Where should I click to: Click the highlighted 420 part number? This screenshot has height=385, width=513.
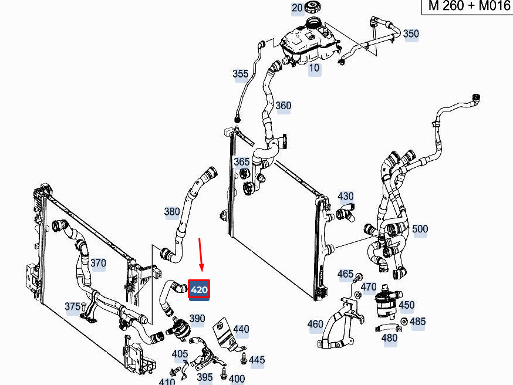[x=199, y=289]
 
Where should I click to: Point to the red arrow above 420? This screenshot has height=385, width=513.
[x=201, y=255]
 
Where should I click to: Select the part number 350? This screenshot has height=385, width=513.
[x=411, y=33]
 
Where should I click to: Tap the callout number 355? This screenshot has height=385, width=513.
[x=241, y=74]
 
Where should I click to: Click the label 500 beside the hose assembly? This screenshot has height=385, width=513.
[x=420, y=229]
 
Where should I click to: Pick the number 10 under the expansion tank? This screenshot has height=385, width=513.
[x=314, y=68]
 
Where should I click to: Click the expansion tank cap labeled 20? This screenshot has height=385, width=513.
[x=312, y=7]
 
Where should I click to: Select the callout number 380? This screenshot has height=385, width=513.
[x=172, y=212]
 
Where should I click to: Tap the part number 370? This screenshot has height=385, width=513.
[x=98, y=263]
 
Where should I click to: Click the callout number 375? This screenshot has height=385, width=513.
[x=73, y=306]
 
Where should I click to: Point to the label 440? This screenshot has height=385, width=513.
[x=241, y=329]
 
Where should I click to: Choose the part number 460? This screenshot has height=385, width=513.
[x=315, y=324]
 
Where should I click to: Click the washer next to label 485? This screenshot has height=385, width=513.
[x=404, y=321]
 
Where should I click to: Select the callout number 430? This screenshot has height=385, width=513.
[x=346, y=196]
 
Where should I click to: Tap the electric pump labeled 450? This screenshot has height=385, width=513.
[x=386, y=303]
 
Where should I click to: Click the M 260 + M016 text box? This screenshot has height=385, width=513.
[x=468, y=6]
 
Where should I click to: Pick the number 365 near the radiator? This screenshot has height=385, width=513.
[x=242, y=161]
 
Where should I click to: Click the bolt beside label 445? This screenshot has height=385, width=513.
[x=243, y=358]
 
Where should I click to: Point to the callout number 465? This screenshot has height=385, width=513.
[x=346, y=274]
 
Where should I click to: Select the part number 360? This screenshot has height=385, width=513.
[x=283, y=106]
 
